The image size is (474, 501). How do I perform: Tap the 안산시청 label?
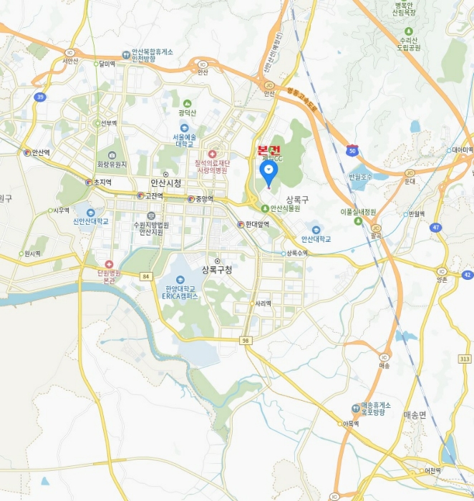click(165, 183)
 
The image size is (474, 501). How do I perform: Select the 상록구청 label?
click(218, 270)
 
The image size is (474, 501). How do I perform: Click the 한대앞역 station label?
click(257, 224)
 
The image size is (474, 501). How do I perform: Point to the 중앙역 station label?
click(201, 199)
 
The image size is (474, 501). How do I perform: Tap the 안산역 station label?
click(39, 152)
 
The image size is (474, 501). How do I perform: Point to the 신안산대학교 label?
click(91, 221)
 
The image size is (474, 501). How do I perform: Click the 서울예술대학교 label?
click(185, 140)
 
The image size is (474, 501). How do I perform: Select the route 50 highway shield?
click(352, 150)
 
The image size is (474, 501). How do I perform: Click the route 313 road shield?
click(465, 359)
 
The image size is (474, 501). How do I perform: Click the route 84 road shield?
click(146, 276)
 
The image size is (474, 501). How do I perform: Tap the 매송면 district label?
click(415, 414)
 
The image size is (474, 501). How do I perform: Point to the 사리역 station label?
click(263, 303)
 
